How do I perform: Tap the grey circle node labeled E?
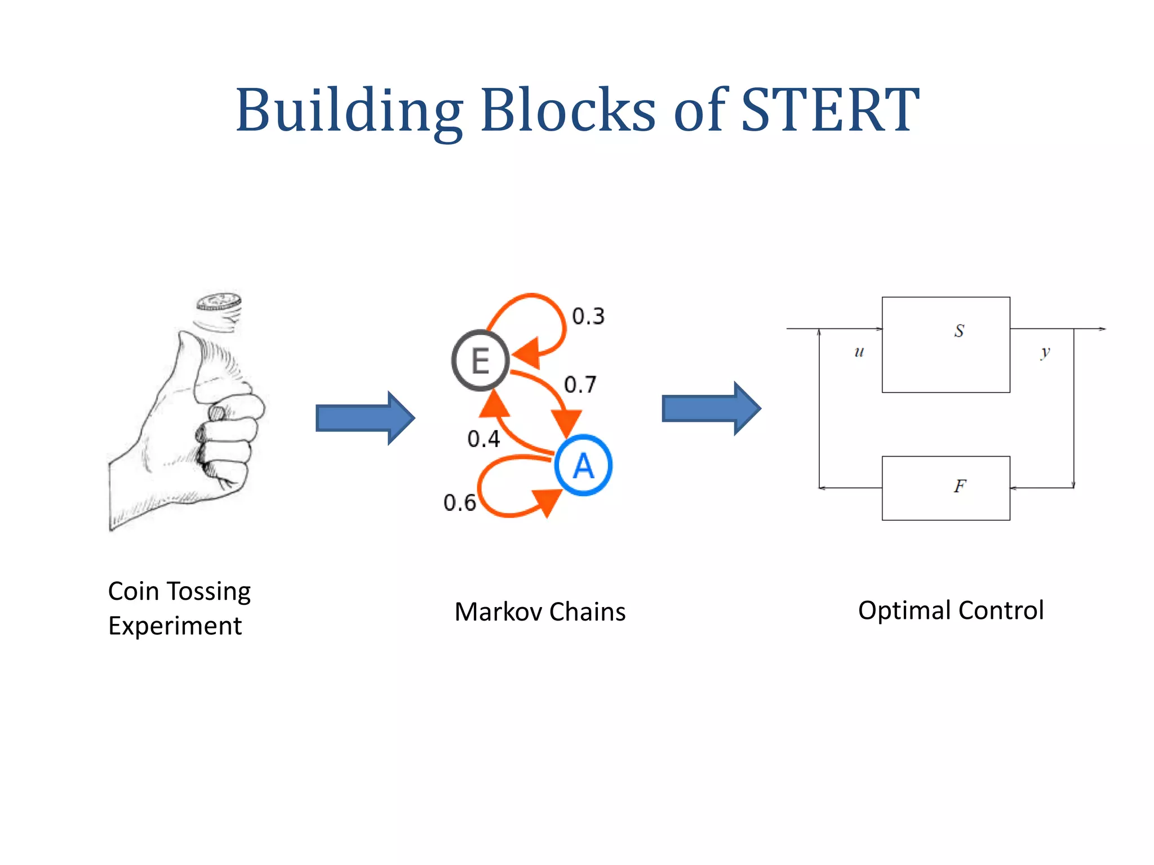(x=480, y=360)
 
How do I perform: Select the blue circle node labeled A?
(x=583, y=466)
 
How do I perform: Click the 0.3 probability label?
(x=588, y=316)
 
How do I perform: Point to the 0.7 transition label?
(x=580, y=385)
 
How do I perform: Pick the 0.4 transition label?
(x=483, y=439)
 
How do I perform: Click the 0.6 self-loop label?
(x=459, y=502)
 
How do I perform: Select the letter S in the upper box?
(x=959, y=331)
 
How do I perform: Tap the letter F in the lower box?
(x=960, y=486)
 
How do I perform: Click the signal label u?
(x=859, y=352)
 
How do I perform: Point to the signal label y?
(x=1045, y=353)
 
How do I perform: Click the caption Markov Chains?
(x=540, y=612)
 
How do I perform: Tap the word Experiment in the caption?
(x=175, y=626)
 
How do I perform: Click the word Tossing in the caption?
(x=208, y=591)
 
